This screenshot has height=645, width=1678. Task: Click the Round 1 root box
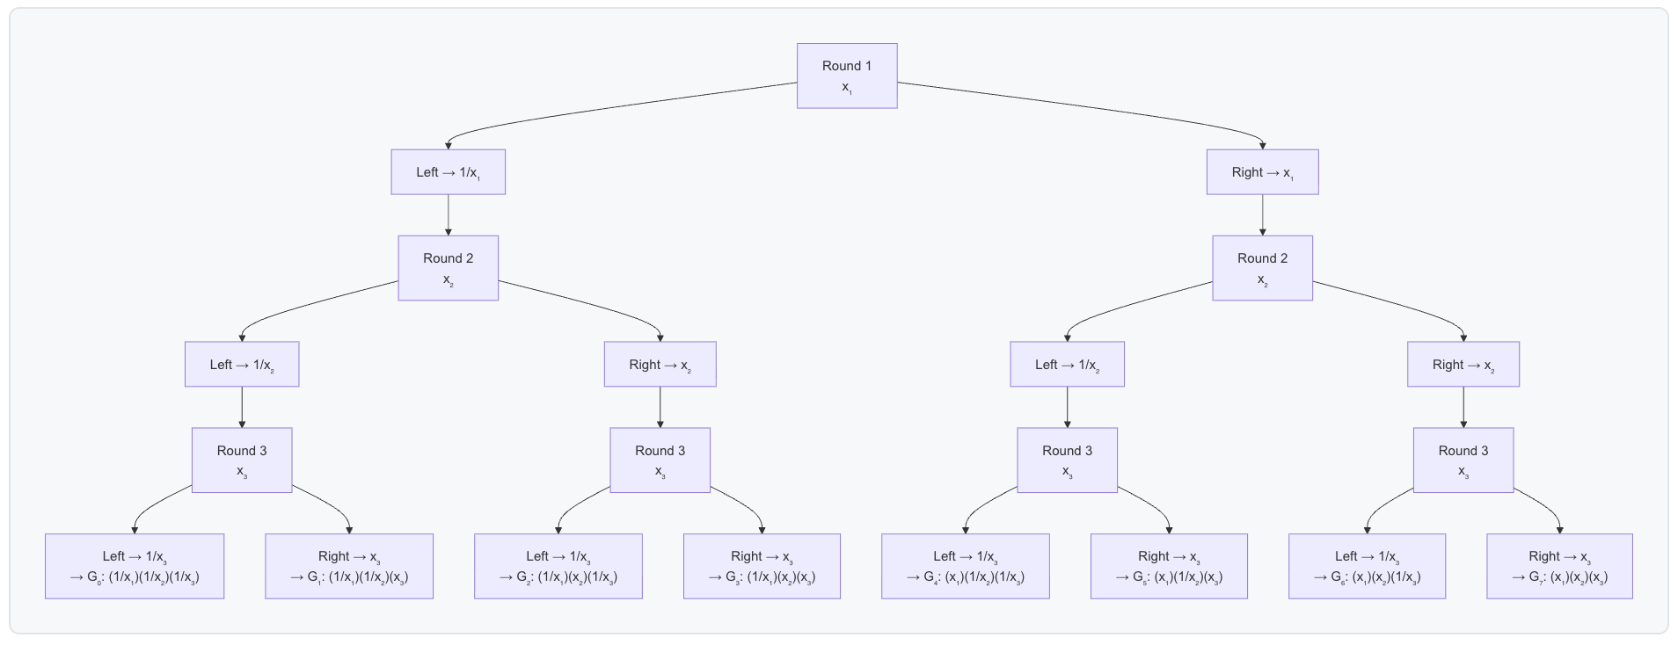pos(847,76)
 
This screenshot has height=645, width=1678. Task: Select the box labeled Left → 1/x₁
pos(448,172)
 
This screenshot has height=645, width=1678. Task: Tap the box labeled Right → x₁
pos(1262,172)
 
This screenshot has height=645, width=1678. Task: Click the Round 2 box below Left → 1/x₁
pos(448,268)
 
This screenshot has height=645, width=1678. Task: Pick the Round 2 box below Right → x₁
pos(1262,268)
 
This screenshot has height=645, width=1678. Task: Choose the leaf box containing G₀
pos(135,567)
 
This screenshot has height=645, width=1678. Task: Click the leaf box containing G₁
pos(349,567)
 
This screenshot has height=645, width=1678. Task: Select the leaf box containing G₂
pos(558,567)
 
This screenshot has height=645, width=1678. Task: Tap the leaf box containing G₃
pos(762,567)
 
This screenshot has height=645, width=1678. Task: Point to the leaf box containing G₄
pos(966,567)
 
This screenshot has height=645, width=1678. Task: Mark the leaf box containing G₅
pos(1169,567)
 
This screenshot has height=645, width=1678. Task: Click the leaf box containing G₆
pos(1367,567)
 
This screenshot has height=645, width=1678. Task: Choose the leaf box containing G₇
pos(1559,567)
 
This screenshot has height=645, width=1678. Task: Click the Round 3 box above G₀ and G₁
pos(242,460)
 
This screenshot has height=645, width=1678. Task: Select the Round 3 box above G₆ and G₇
pos(1463,460)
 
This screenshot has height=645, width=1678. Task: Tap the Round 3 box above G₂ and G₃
pos(660,460)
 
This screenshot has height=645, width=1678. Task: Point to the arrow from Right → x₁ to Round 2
pos(1262,214)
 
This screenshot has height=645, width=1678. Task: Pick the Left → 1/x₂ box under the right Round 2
pos(1067,365)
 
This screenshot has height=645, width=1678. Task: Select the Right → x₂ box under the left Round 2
pos(660,365)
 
